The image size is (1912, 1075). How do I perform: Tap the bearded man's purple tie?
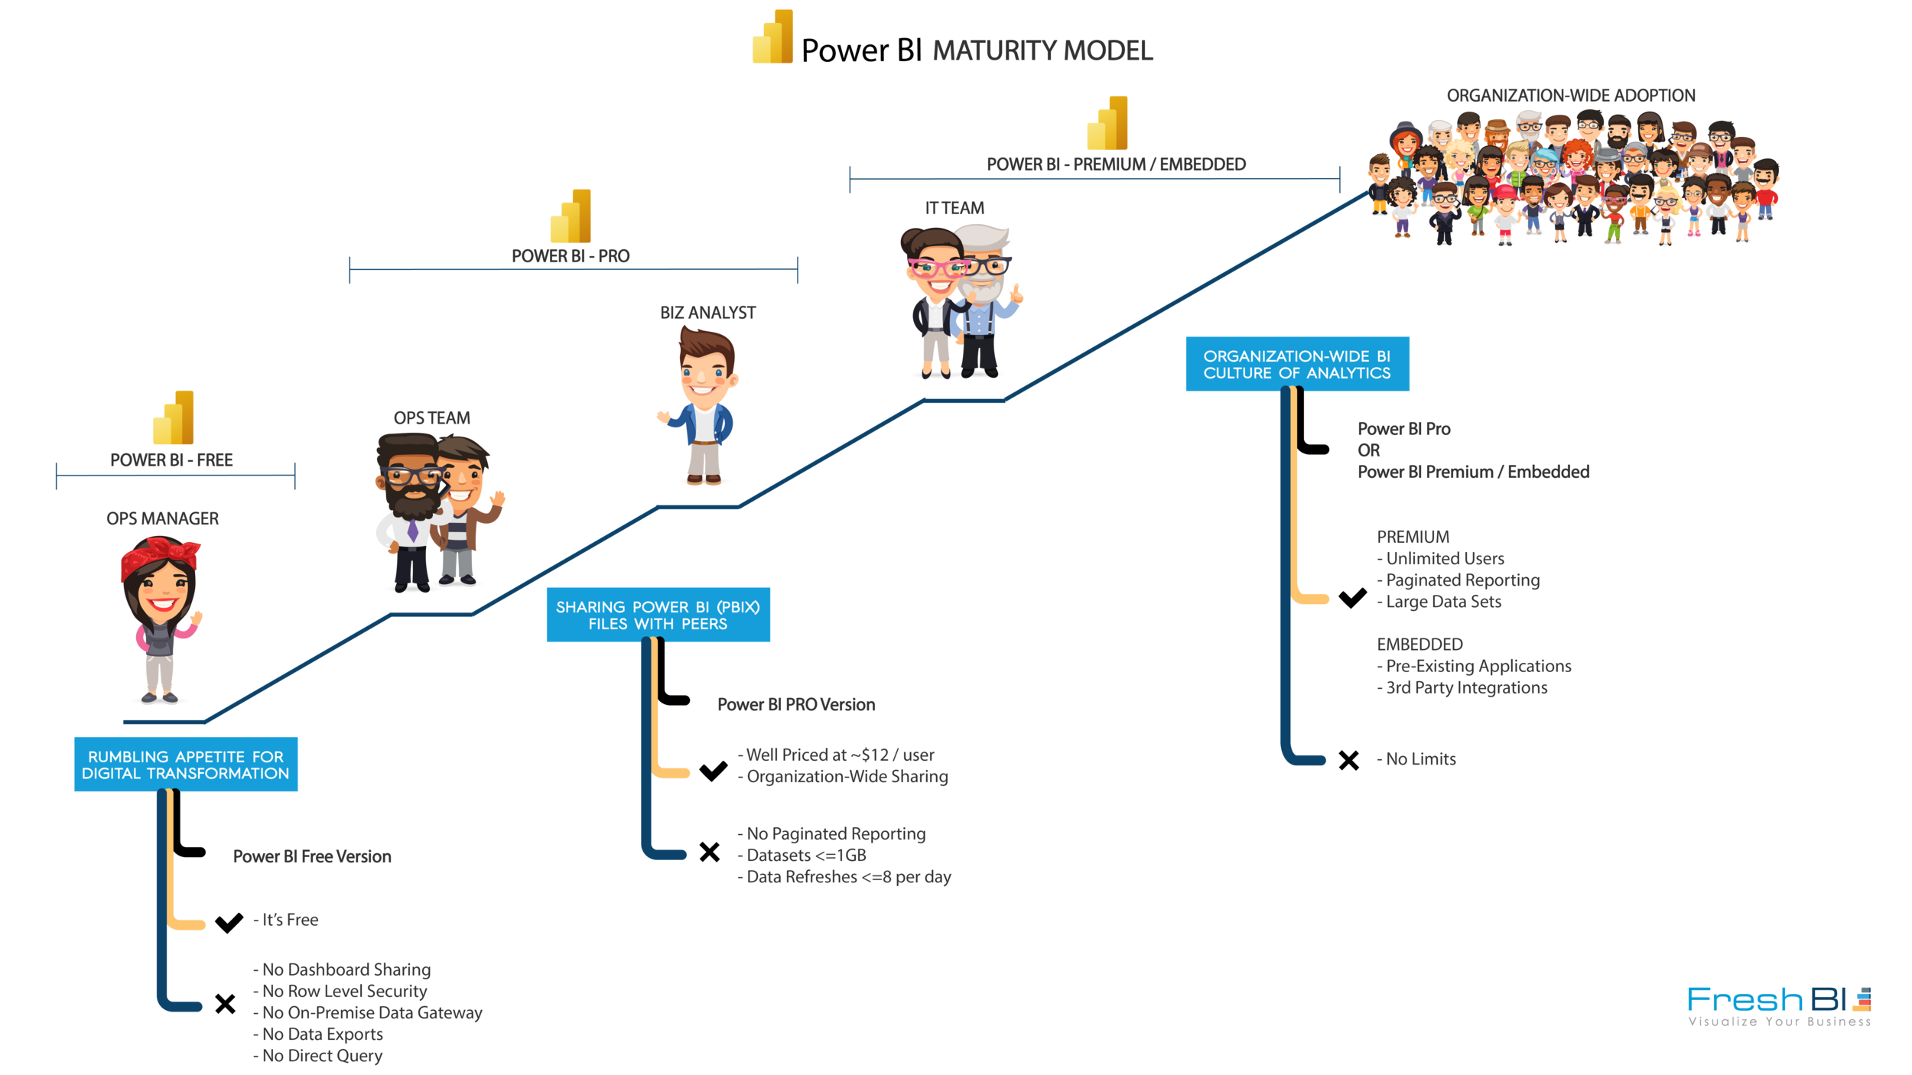coord(412,530)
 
